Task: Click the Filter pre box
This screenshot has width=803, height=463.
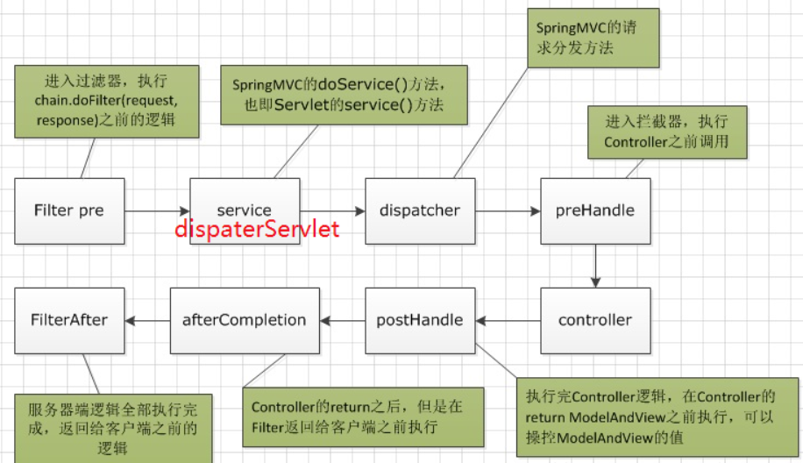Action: coord(69,210)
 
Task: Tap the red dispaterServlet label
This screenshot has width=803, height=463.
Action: coord(256,231)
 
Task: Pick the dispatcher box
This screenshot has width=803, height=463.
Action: coord(420,210)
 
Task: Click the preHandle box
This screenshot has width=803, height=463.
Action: coord(595,210)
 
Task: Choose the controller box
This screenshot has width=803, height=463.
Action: coord(595,320)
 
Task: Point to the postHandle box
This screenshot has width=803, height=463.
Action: coord(420,320)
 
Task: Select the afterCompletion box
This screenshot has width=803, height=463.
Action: coord(245,320)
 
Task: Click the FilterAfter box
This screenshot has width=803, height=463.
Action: coord(69,320)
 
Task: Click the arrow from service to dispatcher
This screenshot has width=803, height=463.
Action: coord(332,210)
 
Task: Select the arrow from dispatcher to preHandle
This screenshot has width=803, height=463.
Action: coord(508,210)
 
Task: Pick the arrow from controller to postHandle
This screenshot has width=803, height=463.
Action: coord(508,320)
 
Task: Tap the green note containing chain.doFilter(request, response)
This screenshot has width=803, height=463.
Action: coord(106,100)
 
